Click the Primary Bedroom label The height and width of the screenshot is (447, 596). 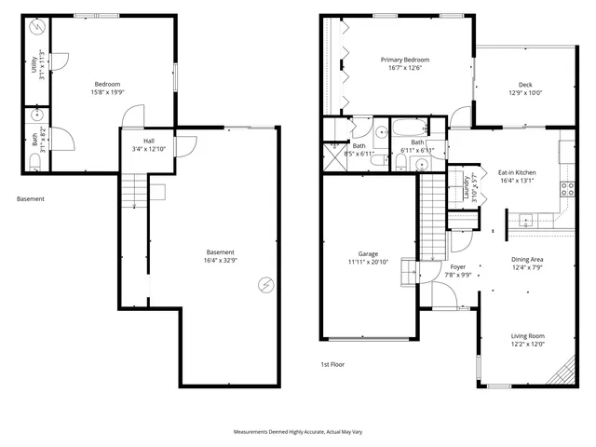404,61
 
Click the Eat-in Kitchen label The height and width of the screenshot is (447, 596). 516,172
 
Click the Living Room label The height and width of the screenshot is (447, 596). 527,336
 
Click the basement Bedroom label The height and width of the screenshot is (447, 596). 107,83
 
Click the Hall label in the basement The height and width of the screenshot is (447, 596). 136,141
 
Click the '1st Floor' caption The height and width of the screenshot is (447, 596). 332,364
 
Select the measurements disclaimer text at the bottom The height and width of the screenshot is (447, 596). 298,433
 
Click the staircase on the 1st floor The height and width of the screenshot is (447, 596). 432,219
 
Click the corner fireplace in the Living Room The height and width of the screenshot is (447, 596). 562,373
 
